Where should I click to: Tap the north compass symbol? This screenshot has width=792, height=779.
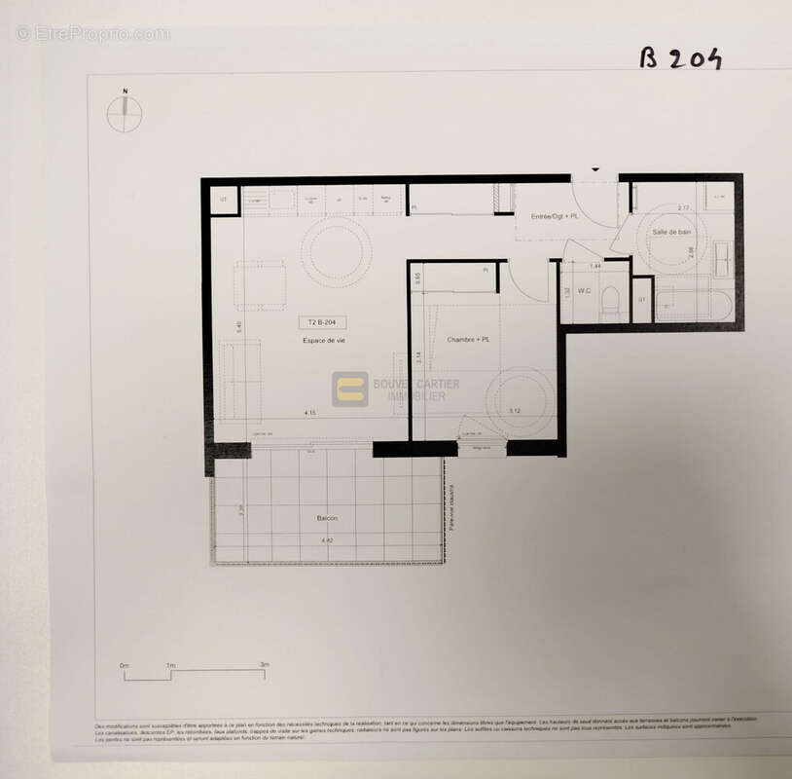click(125, 114)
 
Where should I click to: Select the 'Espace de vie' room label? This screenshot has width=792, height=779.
click(324, 340)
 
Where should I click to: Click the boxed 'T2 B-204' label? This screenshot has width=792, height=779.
click(322, 322)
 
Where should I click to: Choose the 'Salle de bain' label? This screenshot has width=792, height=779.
click(671, 231)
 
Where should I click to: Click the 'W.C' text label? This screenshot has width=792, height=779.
click(585, 290)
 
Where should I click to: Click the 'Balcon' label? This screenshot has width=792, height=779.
click(328, 518)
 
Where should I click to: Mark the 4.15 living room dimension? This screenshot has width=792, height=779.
click(309, 413)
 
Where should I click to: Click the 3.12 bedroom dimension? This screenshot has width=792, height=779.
click(515, 411)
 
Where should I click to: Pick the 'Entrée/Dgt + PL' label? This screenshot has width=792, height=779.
click(553, 214)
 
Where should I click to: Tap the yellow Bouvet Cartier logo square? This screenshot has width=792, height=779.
click(350, 389)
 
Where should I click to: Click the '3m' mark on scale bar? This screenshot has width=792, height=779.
click(264, 665)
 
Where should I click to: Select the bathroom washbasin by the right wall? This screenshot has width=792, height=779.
click(724, 258)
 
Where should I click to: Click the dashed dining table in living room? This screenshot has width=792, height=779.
click(260, 285)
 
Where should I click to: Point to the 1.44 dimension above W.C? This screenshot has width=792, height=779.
click(595, 265)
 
